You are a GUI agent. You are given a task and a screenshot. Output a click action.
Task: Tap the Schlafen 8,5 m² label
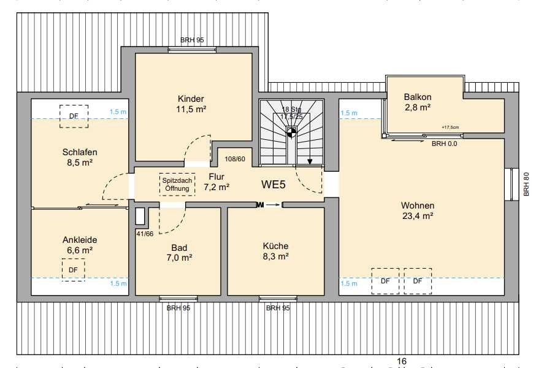(x=80, y=157)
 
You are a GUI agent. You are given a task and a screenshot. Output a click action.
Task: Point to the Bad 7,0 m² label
(x=179, y=253)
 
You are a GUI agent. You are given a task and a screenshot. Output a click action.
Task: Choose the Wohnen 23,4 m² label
(x=418, y=210)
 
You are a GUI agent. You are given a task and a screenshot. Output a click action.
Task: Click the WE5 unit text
(x=273, y=185)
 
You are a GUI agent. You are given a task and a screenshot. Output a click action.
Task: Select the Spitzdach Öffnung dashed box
(x=177, y=185)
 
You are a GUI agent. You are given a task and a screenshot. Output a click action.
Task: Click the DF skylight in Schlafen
(x=74, y=117)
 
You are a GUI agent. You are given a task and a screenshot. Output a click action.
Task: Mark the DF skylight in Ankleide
(x=73, y=270)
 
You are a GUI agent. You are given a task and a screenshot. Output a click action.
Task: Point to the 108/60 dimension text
(x=235, y=159)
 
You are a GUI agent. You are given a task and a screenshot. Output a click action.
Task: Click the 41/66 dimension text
(x=145, y=234)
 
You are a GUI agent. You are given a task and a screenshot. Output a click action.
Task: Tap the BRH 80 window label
(x=526, y=184)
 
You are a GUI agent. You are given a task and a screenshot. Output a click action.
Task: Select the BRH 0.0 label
(x=445, y=144)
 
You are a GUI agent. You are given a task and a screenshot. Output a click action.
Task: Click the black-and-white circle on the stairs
(x=291, y=132)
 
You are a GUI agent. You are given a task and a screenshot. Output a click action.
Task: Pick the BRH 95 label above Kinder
(x=192, y=40)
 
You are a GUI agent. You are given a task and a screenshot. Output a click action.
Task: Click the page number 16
(x=402, y=361)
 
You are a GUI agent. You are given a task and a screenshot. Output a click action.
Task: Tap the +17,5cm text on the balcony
(x=450, y=127)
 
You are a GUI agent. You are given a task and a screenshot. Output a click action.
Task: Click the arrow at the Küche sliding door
(x=272, y=205)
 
